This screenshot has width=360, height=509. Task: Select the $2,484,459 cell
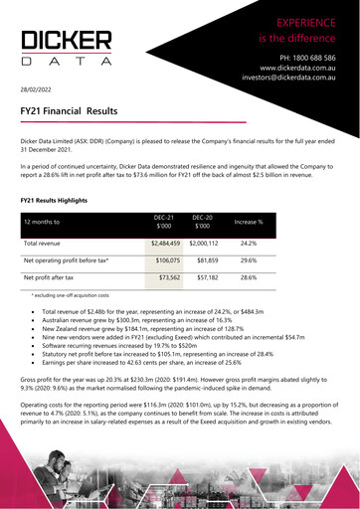coord(165,243)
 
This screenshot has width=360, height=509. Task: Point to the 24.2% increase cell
coord(249,243)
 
